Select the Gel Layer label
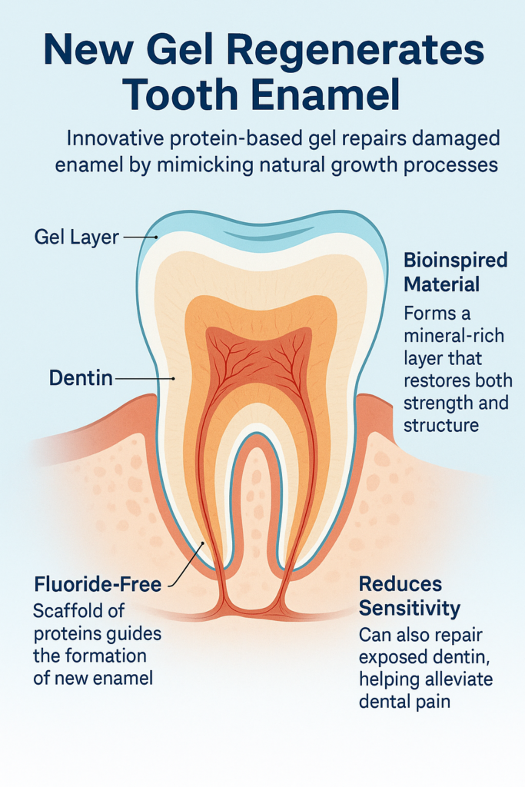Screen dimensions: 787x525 (x=77, y=237)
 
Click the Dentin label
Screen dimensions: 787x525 (x=81, y=377)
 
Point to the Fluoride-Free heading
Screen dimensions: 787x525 (x=98, y=584)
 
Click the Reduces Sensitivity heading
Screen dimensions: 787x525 (x=410, y=596)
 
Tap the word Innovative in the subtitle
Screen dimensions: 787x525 (x=116, y=139)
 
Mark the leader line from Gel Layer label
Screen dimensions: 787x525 (x=140, y=237)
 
